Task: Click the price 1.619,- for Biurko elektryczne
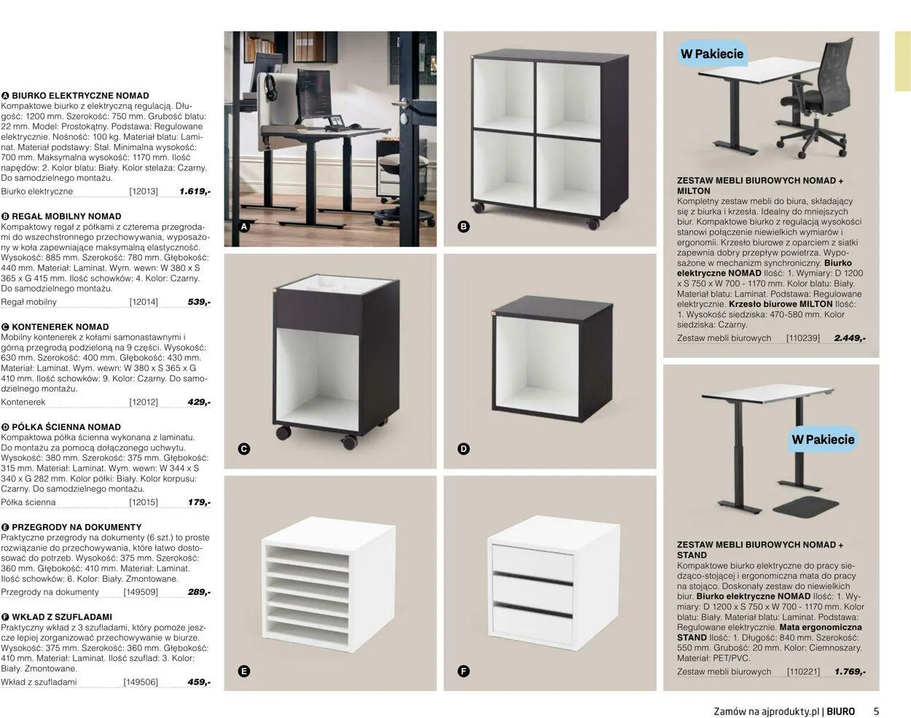click(195, 192)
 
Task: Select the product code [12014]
click(144, 303)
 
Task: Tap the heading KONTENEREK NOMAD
click(60, 327)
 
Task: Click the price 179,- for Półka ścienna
click(200, 502)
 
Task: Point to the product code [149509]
click(141, 593)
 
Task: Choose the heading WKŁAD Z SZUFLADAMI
click(62, 617)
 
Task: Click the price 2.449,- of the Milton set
click(850, 338)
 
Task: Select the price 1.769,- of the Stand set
click(850, 671)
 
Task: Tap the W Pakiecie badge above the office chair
click(711, 54)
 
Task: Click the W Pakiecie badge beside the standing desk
click(823, 440)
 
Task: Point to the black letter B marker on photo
click(464, 227)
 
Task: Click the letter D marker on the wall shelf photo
click(464, 449)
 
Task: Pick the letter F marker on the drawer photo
click(464, 671)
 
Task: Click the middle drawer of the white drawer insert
click(533, 589)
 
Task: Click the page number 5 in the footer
click(876, 711)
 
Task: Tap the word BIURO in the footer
click(841, 711)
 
